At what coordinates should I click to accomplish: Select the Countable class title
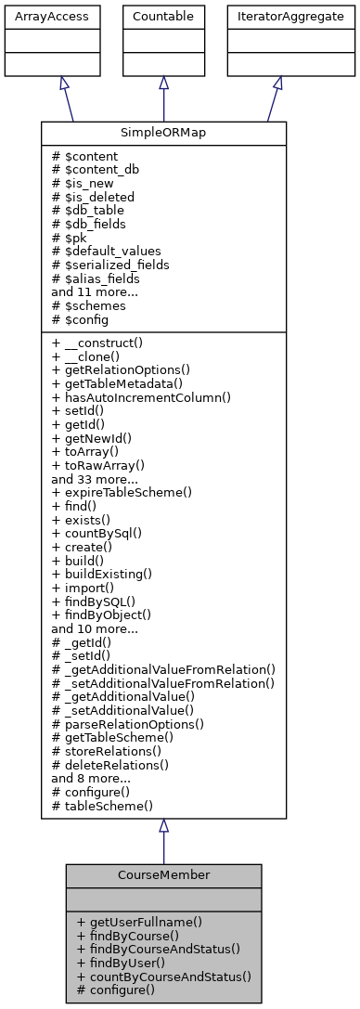tap(163, 16)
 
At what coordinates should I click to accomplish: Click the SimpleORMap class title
tap(163, 134)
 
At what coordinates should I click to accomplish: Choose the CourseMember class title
tap(163, 875)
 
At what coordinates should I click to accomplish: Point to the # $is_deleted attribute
tap(94, 197)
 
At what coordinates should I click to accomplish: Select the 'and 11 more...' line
tap(95, 291)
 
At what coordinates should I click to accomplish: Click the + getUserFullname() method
tap(140, 923)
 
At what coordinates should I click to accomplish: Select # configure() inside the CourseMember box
tap(117, 990)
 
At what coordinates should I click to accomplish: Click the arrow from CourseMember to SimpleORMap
tap(163, 845)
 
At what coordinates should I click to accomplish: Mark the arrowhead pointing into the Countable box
tap(163, 84)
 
